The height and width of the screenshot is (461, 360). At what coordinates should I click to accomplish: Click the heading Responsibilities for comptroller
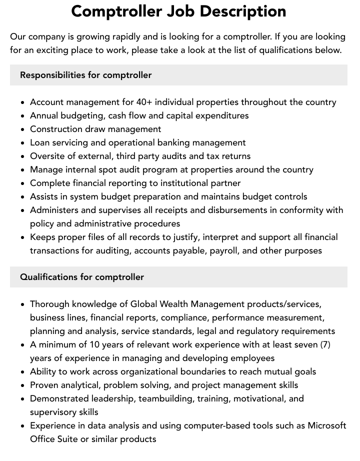pyautogui.click(x=85, y=75)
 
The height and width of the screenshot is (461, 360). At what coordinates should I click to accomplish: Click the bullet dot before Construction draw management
pyautogui.click(x=23, y=129)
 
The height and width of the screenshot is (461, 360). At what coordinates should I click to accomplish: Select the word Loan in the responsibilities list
pyautogui.click(x=40, y=142)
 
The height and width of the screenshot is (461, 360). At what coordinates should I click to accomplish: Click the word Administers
pyautogui.click(x=54, y=210)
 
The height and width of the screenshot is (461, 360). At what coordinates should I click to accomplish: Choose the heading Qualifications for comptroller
pyautogui.click(x=82, y=277)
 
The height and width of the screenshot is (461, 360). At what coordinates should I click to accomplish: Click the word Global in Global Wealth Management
pyautogui.click(x=144, y=304)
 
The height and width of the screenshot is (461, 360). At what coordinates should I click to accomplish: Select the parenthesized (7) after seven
pyautogui.click(x=322, y=344)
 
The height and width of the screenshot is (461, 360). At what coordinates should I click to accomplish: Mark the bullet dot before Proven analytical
pyautogui.click(x=23, y=385)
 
